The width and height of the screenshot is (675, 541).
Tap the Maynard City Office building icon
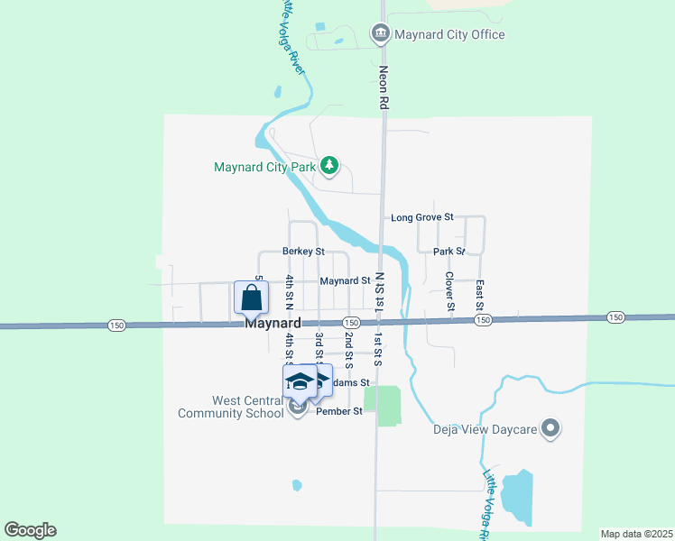pyautogui.click(x=380, y=35)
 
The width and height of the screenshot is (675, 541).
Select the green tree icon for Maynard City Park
pyautogui.click(x=330, y=166)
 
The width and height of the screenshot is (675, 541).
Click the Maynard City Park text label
pyautogui.click(x=265, y=167)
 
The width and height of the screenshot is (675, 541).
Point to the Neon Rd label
pyautogui.click(x=384, y=88)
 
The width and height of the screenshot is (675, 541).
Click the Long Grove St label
pyautogui.click(x=421, y=218)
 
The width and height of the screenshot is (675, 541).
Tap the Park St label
pyautogui.click(x=448, y=252)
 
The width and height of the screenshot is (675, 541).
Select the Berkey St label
pyautogui.click(x=302, y=252)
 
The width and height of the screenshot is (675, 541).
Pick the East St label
pyautogui.click(x=480, y=295)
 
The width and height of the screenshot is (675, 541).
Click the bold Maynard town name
pyautogui.click(x=272, y=323)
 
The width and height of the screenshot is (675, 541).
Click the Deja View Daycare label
pyautogui.click(x=485, y=429)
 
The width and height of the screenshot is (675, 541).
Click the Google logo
pyautogui.click(x=30, y=530)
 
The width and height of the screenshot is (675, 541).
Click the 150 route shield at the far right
pyautogui.click(x=615, y=316)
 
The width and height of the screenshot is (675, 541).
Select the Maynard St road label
pyautogui.click(x=345, y=280)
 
